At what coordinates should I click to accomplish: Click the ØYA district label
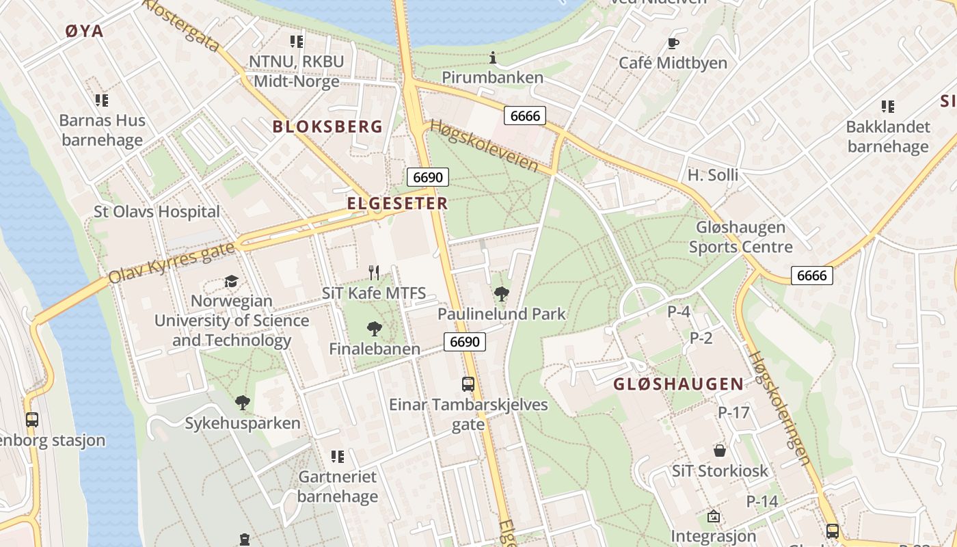(84, 31)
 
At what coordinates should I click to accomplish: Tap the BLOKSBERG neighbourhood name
(327, 126)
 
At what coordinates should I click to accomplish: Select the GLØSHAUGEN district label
(678, 384)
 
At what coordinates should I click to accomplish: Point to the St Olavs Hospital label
(157, 212)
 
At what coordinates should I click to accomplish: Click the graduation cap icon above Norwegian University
(231, 282)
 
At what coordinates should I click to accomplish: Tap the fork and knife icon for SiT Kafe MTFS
(374, 273)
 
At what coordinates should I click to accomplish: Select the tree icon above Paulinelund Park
(502, 294)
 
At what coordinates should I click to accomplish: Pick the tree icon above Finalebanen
(374, 329)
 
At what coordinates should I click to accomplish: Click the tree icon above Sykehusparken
(242, 403)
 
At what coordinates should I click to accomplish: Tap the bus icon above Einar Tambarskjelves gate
(468, 384)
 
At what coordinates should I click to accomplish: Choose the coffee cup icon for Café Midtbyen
(673, 44)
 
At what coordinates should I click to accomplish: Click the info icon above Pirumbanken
(492, 58)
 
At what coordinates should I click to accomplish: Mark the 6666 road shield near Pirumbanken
(525, 116)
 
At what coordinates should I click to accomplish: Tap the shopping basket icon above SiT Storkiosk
(720, 451)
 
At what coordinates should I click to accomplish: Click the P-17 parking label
(733, 412)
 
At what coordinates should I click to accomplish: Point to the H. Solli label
(713, 175)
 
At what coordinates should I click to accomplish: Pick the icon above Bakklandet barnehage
(888, 107)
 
